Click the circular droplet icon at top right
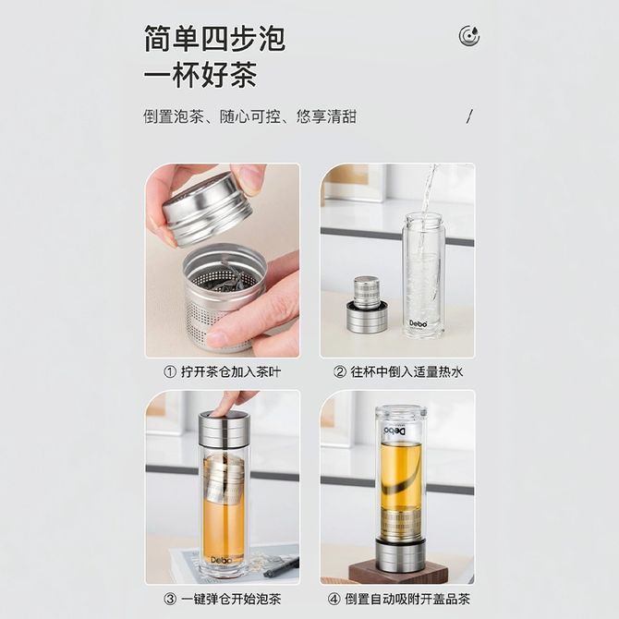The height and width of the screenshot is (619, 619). [x=469, y=35]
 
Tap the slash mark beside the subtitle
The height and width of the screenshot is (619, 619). [x=469, y=116]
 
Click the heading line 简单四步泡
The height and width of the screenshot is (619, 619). [x=214, y=38]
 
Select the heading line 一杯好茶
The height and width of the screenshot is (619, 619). [x=200, y=74]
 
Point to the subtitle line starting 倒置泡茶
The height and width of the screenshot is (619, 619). [x=249, y=116]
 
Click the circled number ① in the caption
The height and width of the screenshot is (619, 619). [x=170, y=372]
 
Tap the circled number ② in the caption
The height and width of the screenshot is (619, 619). [x=339, y=372]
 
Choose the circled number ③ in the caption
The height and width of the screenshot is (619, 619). [x=170, y=599]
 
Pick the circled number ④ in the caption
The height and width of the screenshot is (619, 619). [x=334, y=599]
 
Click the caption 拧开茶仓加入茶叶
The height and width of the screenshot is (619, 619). [x=231, y=372]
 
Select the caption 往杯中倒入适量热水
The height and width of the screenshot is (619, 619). [x=407, y=372]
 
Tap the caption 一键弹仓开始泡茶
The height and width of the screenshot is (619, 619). [x=231, y=599]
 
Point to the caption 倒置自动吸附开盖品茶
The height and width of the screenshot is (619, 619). [x=407, y=599]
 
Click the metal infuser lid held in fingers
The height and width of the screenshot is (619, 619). [x=206, y=209]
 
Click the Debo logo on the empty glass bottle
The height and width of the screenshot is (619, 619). [x=419, y=323]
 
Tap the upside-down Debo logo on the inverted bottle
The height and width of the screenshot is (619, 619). [x=394, y=431]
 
